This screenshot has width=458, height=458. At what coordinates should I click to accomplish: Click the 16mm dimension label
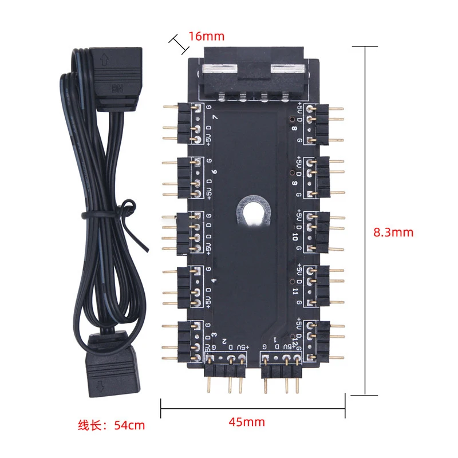tap(207, 37)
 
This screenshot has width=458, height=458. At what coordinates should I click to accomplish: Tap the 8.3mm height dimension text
tap(393, 232)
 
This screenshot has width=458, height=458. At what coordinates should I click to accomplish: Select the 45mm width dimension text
tap(247, 423)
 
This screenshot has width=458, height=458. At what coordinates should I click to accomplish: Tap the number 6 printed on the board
tap(215, 171)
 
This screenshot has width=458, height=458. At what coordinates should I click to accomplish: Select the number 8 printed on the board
tap(294, 128)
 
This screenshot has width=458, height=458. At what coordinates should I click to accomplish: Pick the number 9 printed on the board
tap(294, 183)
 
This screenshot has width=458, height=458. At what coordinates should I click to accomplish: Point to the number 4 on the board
tap(215, 281)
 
